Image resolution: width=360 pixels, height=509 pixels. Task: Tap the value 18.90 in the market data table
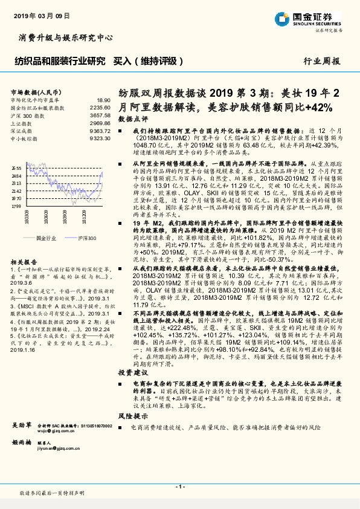click(x=104, y=100)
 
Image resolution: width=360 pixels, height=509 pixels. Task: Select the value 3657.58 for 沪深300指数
click(x=101, y=114)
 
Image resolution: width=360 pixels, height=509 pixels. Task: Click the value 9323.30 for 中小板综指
click(x=101, y=138)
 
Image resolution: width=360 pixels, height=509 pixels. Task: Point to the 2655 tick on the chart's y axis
click(x=16, y=168)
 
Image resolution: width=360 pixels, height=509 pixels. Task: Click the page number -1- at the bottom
click(x=179, y=487)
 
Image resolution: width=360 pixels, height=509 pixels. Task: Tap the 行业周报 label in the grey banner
click(x=320, y=61)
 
